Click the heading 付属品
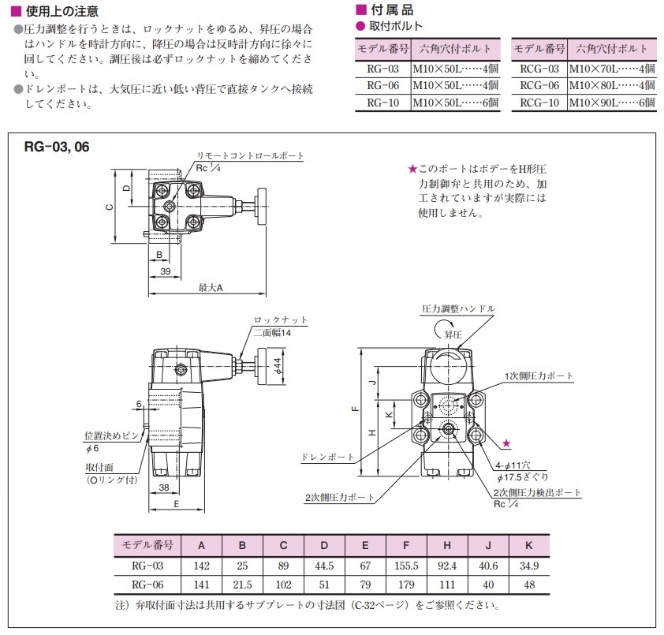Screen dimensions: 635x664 click(x=390, y=10)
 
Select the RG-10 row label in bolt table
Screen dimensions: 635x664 click(x=382, y=103)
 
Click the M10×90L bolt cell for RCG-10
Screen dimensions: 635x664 click(x=610, y=103)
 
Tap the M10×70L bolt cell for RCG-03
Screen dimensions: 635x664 click(x=610, y=69)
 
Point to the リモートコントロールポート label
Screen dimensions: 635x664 click(x=250, y=156)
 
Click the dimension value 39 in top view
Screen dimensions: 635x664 click(x=166, y=271)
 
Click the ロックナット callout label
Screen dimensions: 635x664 click(x=280, y=320)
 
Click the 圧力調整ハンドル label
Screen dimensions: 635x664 click(x=458, y=308)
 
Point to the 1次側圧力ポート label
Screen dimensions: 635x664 click(x=539, y=375)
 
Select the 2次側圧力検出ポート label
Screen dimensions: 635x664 click(x=536, y=493)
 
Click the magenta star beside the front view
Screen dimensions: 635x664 click(x=506, y=445)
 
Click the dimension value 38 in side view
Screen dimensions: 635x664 click(x=164, y=487)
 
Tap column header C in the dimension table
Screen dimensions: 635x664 click(x=283, y=545)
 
